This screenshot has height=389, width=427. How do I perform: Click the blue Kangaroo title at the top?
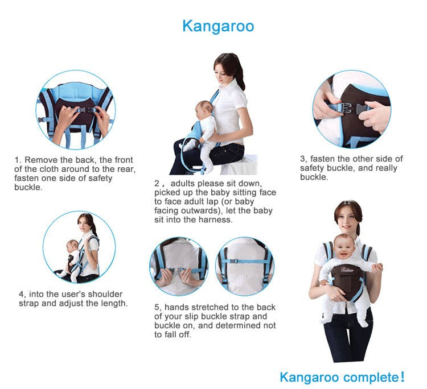click(x=218, y=26)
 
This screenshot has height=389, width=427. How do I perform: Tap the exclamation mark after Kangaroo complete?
click(x=402, y=377)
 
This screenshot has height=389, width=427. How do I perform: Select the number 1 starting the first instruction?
click(x=18, y=160)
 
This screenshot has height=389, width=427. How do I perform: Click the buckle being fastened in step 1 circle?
click(x=87, y=110)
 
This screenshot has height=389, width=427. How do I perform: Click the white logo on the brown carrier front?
click(x=347, y=270)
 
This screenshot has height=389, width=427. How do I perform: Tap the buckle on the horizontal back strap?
click(x=233, y=261)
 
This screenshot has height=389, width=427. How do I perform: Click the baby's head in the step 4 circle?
click(x=73, y=247)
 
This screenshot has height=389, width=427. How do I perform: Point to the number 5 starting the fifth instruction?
click(x=157, y=308)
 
